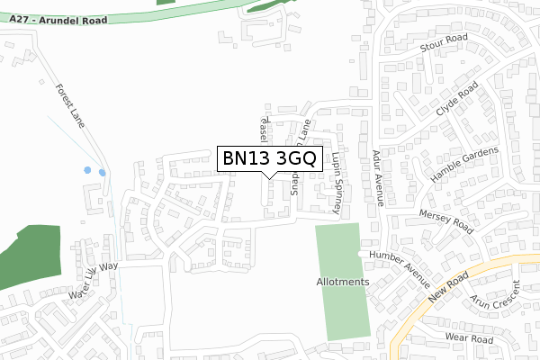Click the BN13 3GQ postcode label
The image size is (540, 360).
268,158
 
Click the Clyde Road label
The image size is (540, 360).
455,103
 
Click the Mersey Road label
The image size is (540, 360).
445,220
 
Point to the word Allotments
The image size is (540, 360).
343,282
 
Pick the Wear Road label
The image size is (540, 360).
468,338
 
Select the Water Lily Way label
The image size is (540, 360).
94,280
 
